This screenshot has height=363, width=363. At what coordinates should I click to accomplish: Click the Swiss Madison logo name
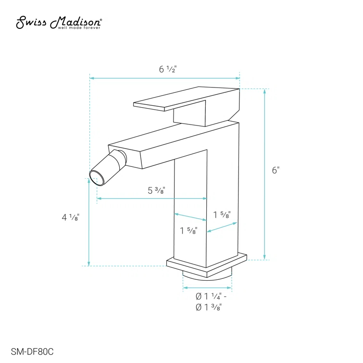click(59, 21)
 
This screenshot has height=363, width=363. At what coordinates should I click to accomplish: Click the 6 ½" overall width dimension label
click(167, 69)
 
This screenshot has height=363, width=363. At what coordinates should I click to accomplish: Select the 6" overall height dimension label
click(275, 170)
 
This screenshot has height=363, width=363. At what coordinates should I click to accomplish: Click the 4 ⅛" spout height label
click(70, 217)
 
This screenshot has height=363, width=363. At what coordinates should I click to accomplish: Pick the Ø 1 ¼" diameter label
click(210, 296)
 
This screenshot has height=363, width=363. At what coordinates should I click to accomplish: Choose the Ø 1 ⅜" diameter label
click(208, 308)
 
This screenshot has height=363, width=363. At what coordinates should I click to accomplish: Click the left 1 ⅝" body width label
click(188, 231)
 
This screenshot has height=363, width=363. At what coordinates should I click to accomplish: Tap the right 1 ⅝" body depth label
click(222, 215)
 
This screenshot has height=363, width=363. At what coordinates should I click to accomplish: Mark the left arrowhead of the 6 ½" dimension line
click(92, 77)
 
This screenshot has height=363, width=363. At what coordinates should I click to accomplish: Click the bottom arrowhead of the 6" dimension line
click(264, 258)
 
